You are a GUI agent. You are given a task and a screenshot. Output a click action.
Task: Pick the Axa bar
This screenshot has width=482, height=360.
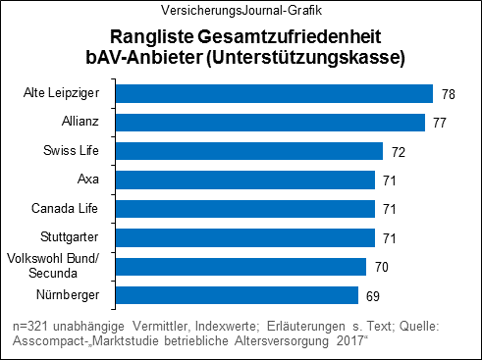[244, 180]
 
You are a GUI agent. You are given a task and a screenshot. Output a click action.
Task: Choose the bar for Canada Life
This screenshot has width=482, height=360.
[244, 209]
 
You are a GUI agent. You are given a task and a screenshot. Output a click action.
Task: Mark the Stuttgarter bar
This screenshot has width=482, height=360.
[244, 237]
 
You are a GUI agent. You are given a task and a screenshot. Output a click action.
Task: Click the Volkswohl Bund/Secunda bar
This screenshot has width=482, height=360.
[241, 266]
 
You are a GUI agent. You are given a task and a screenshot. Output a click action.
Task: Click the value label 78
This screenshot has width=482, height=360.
[448, 94]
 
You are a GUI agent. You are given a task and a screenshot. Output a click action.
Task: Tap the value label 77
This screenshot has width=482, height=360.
[440, 123]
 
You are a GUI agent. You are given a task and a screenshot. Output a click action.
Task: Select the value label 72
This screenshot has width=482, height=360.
[398, 152]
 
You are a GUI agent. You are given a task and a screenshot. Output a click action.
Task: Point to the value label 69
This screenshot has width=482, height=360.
[373, 296]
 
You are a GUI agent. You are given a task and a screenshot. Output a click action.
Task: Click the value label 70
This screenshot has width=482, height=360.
[381, 267]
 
